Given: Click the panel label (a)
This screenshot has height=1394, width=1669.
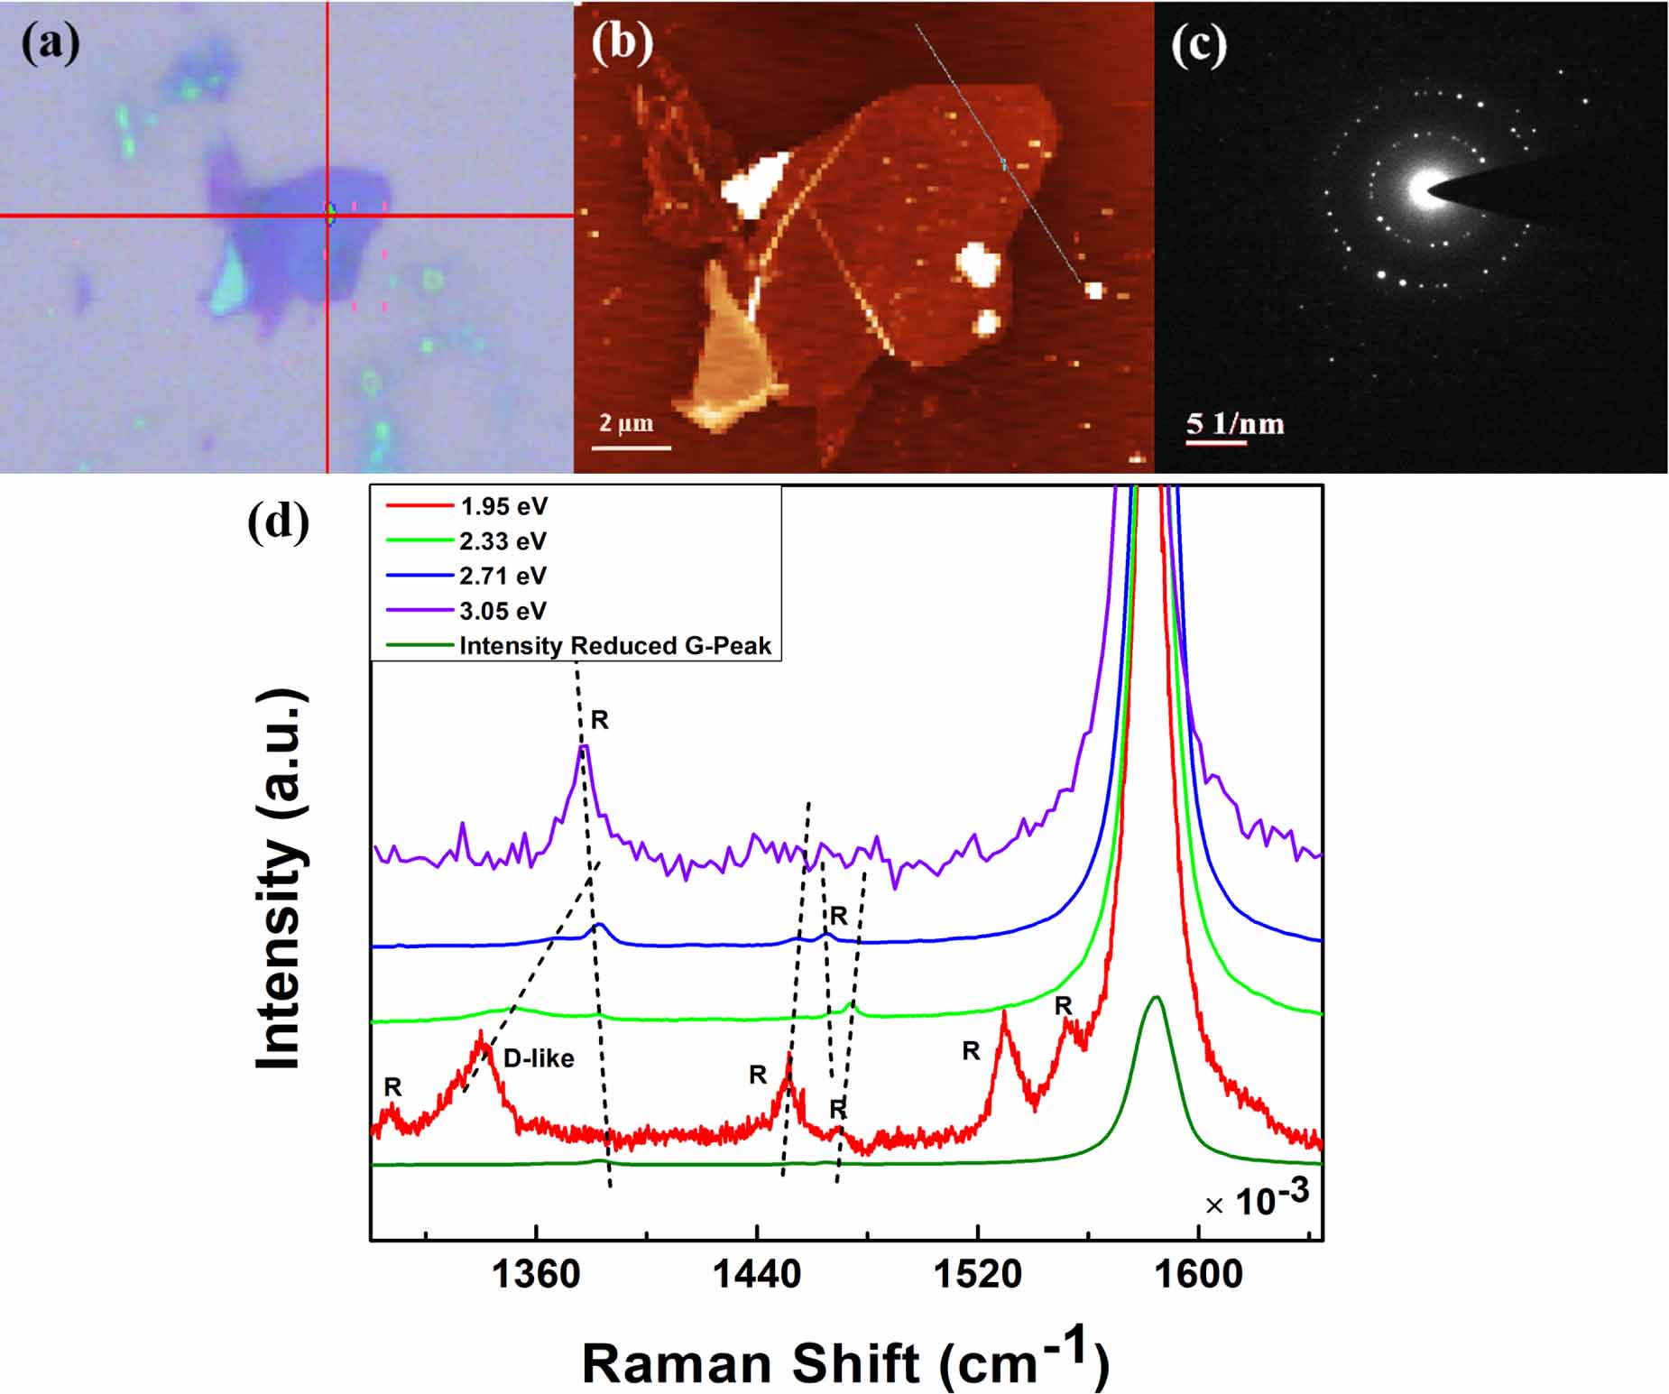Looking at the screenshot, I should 51,44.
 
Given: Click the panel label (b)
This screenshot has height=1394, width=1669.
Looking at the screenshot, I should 622,43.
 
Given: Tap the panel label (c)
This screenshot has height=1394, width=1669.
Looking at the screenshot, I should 1199,44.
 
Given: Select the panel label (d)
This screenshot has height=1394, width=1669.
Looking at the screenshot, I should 278,522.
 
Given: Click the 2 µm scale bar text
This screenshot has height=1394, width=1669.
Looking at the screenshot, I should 626,423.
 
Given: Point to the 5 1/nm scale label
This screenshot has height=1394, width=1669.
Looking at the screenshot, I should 1234,423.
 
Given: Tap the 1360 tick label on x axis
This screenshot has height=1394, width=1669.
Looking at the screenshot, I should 536,1275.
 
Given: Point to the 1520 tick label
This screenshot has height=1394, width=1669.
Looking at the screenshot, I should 977,1275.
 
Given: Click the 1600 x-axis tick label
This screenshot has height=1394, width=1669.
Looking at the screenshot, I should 1198,1275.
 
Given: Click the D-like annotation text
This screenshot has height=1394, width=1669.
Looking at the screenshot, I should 539,1058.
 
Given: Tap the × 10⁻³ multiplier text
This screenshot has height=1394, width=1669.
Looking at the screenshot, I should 1257,1200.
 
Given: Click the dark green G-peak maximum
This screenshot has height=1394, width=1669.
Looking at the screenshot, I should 1155,997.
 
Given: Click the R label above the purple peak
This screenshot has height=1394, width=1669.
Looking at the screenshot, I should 600,720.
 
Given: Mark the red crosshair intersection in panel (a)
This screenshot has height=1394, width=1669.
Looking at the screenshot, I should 327,216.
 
